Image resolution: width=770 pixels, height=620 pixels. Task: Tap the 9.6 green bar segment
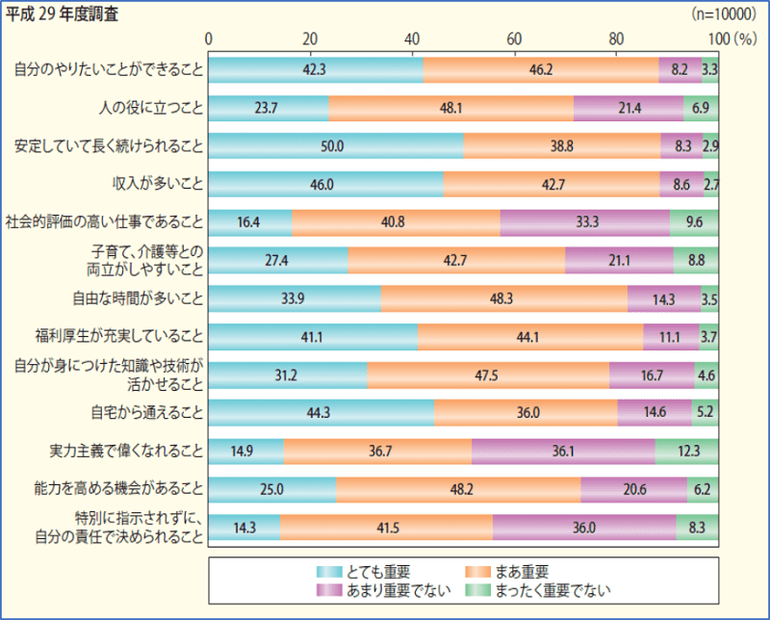[694, 221]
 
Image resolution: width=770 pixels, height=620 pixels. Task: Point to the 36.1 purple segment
[562, 451]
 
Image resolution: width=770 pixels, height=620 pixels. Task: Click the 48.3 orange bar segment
[503, 298]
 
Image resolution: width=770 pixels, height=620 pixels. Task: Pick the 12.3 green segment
[686, 451]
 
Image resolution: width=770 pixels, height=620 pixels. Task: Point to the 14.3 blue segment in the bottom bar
[244, 527]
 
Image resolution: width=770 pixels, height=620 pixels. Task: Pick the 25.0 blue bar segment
[272, 489]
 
